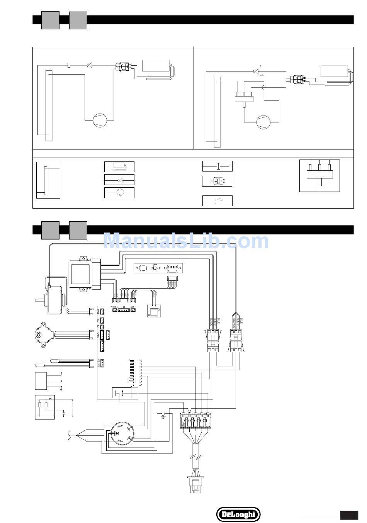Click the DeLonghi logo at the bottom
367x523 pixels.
238,514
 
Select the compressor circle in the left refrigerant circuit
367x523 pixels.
100,120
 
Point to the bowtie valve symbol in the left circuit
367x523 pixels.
90,66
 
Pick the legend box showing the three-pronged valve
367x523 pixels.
319,176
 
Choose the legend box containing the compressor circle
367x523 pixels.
119,193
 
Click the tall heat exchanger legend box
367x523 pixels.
48,180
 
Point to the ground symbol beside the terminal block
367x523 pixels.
163,416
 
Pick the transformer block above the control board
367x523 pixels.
84,273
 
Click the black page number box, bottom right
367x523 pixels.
348,515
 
